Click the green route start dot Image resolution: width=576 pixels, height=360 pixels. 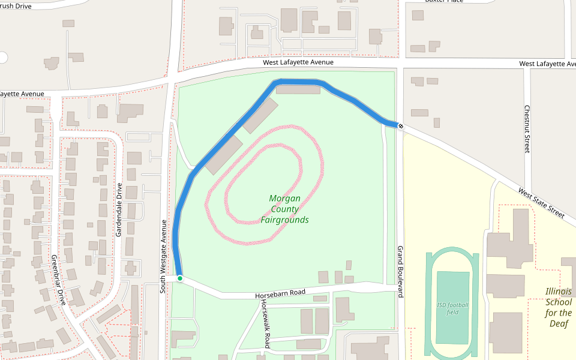click(x=179, y=278)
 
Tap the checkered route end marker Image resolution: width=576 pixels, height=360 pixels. click(x=400, y=126)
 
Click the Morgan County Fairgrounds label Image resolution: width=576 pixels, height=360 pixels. click(x=284, y=209)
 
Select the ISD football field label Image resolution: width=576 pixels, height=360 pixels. click(x=453, y=308)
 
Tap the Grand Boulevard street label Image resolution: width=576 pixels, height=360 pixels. click(x=400, y=271)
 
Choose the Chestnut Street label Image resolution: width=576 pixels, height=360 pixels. click(x=527, y=129)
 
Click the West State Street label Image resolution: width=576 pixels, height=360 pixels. click(x=542, y=203)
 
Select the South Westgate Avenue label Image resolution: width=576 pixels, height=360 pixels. click(x=163, y=256)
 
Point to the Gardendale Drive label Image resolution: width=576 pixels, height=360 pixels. click(x=119, y=209)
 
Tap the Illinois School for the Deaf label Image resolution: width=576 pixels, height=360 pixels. click(x=558, y=307)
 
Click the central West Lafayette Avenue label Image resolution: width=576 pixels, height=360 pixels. click(x=298, y=62)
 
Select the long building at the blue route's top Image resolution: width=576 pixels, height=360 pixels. click(x=298, y=90)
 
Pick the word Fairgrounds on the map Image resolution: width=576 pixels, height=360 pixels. click(x=284, y=220)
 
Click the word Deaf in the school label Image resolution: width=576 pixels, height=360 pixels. click(x=558, y=323)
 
